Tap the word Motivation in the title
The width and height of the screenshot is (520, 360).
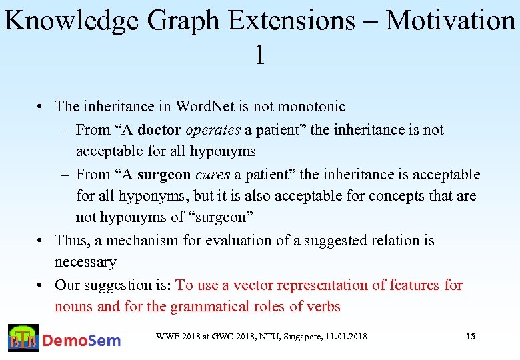(x=450, y=21)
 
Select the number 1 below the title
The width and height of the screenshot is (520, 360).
(x=259, y=55)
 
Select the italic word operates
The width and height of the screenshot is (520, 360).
(x=213, y=129)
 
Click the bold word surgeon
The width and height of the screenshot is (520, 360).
(x=164, y=174)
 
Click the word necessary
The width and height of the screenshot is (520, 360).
(x=85, y=262)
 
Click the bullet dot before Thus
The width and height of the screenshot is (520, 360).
(x=41, y=241)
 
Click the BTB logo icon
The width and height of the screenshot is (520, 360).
(x=23, y=338)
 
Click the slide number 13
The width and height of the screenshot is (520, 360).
(x=471, y=337)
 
